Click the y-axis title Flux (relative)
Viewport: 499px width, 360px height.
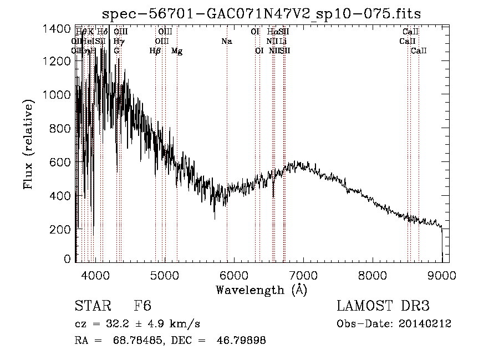click(x=28, y=144)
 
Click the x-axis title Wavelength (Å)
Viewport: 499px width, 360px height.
click(x=261, y=290)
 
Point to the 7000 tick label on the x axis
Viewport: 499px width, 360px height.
click(x=303, y=275)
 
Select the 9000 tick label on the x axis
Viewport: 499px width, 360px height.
click(x=442, y=275)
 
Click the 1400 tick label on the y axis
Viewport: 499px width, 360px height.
click(x=57, y=28)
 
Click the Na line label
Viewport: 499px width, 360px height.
click(x=226, y=42)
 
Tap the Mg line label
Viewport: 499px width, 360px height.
click(x=177, y=51)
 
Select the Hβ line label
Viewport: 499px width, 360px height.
click(x=155, y=51)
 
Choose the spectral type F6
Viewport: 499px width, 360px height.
click(x=142, y=306)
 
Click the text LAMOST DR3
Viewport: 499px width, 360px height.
click(x=383, y=306)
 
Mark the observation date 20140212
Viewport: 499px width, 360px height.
click(x=423, y=324)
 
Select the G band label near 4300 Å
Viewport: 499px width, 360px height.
click(x=116, y=51)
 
